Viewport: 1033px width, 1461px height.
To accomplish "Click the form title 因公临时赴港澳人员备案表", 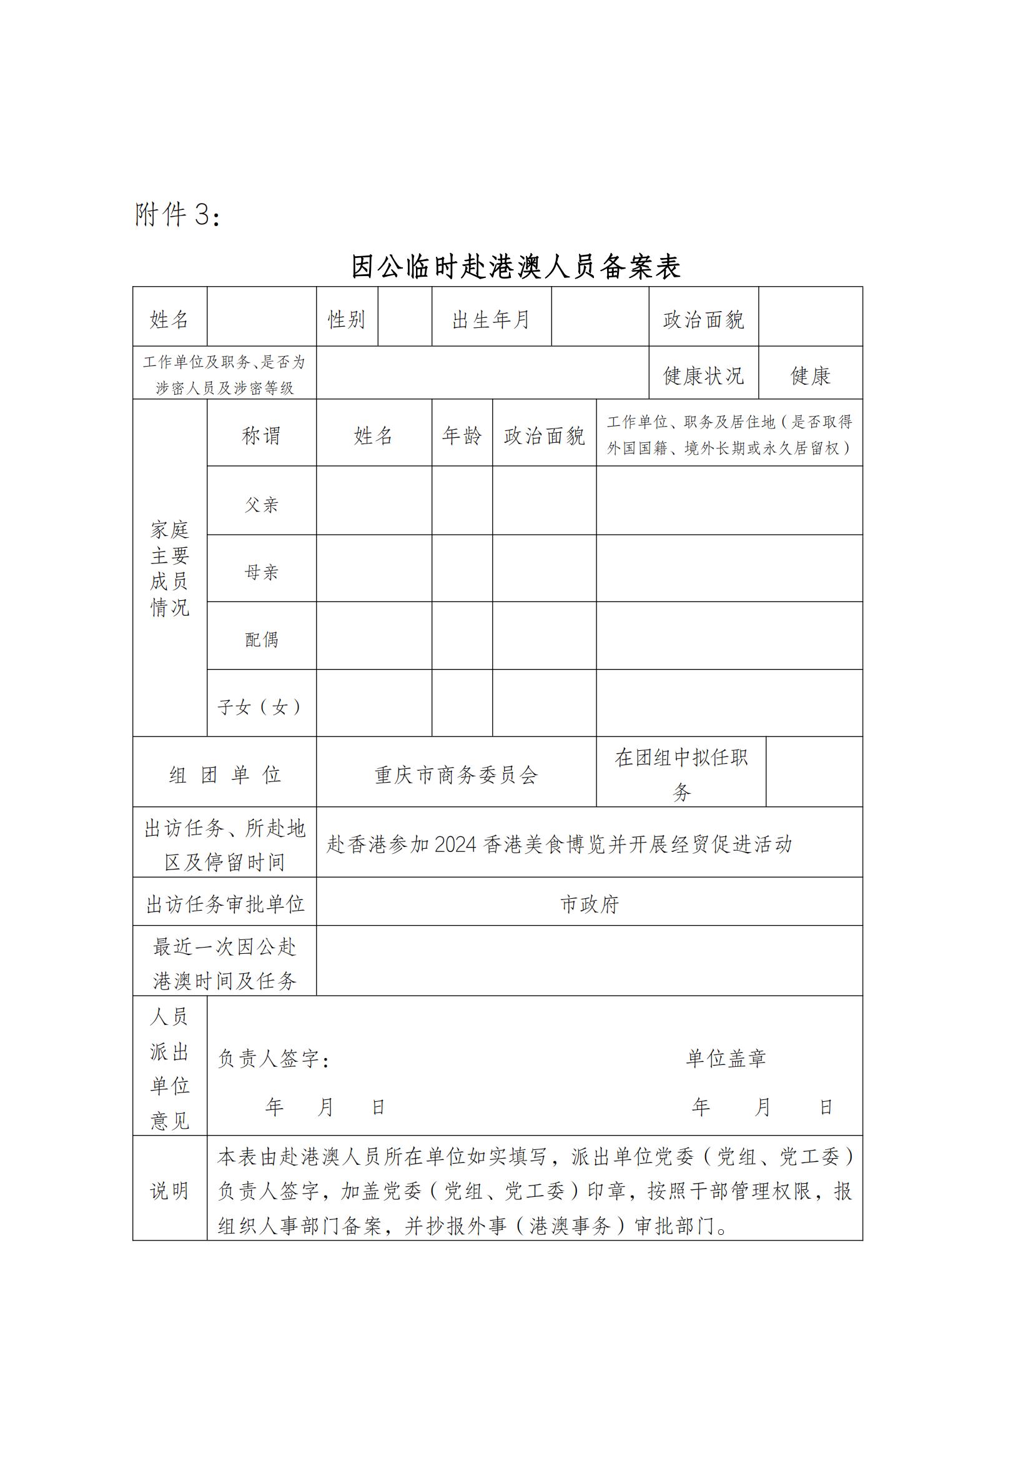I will (516, 267).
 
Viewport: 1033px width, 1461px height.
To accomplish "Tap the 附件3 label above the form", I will (177, 215).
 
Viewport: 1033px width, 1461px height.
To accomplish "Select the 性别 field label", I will (347, 319).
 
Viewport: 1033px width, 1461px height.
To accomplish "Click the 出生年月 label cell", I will (491, 319).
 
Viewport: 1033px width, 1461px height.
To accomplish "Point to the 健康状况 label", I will (703, 375).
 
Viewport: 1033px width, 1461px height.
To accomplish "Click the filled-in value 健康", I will (811, 375).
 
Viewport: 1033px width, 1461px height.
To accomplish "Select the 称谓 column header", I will (261, 436).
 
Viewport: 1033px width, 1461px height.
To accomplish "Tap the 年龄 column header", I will (462, 436).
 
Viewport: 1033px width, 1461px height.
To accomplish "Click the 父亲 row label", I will (262, 505).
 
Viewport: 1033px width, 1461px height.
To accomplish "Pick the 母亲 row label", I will (262, 572).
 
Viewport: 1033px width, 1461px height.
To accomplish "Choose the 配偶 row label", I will (262, 640).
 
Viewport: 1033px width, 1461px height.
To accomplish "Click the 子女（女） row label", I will (261, 707).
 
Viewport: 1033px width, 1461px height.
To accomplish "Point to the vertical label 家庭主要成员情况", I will (170, 568).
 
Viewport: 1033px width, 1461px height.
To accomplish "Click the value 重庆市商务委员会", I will (456, 775).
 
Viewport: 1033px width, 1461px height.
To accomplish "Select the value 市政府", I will (589, 904).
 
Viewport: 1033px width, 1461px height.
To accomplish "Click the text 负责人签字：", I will (274, 1059).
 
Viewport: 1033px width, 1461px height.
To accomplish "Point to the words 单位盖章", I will (726, 1058).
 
